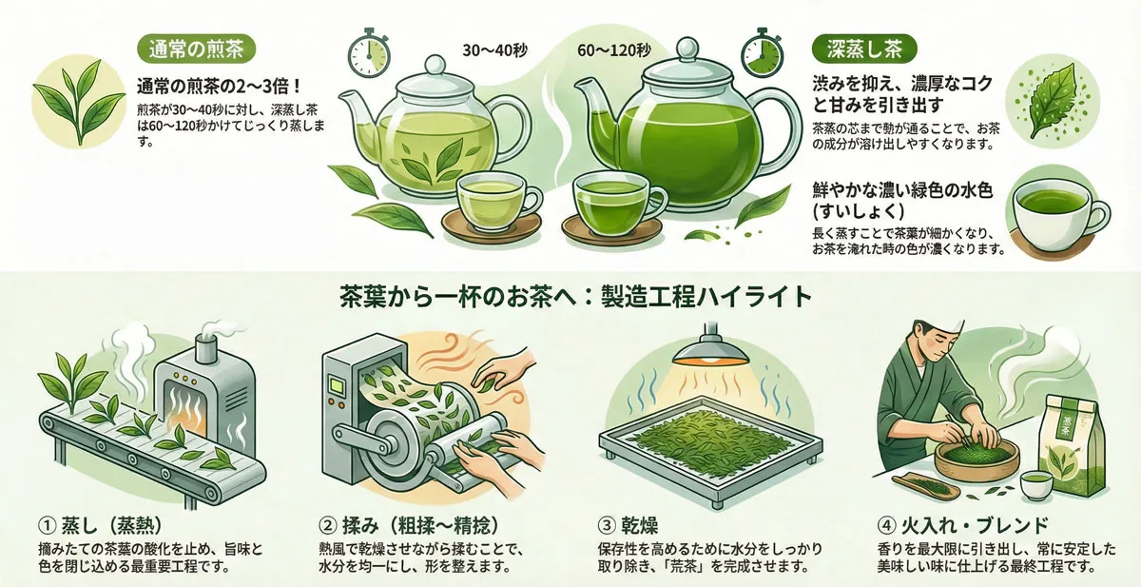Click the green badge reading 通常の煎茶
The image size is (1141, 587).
click(x=196, y=48)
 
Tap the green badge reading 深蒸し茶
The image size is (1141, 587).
click(x=863, y=48)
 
